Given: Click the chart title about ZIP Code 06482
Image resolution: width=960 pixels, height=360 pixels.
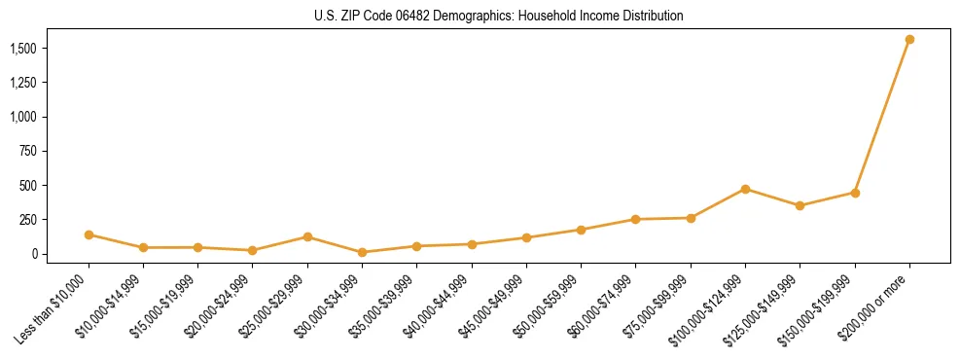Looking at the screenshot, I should [x=499, y=17].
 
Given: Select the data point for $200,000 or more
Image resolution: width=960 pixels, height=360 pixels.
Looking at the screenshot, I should [x=909, y=40].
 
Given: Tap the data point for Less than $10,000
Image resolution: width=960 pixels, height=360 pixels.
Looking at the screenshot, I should [x=89, y=234].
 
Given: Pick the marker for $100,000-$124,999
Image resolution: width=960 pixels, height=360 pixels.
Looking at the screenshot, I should [x=745, y=189].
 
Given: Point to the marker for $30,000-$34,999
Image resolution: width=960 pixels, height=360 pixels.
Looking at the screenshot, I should [x=362, y=252].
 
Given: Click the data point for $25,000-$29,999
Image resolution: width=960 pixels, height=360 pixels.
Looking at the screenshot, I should [x=307, y=236].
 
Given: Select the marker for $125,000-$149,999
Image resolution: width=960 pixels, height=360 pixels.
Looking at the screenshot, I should [x=800, y=205].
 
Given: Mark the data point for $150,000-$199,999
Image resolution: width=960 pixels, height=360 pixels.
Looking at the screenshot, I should [x=855, y=193].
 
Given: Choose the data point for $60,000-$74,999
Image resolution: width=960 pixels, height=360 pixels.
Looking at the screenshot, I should [x=635, y=219].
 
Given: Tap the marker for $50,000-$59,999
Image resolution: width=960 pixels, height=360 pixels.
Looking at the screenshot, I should [x=581, y=230].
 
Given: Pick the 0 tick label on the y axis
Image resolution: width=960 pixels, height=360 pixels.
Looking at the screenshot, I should [x=33, y=254].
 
